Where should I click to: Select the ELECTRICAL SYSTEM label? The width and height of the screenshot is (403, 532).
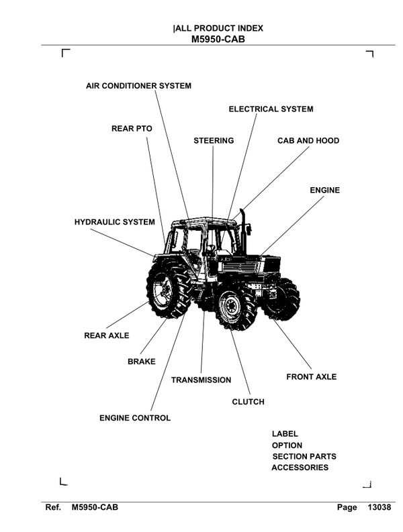click(x=271, y=109)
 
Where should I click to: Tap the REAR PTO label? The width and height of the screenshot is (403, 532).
click(x=132, y=128)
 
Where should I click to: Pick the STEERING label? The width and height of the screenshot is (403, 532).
click(x=214, y=141)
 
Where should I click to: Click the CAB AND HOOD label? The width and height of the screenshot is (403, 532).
click(x=308, y=141)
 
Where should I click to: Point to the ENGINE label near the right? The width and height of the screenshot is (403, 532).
click(x=324, y=191)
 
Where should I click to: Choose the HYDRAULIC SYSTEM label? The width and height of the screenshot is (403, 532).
click(x=114, y=222)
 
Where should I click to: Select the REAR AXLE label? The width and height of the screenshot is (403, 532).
click(x=106, y=335)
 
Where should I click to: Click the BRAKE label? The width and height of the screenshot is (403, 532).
click(x=141, y=362)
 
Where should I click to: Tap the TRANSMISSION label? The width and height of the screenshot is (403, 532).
click(x=201, y=380)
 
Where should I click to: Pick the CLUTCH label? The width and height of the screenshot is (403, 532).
click(x=248, y=402)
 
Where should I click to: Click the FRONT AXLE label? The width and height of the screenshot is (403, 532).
click(x=311, y=377)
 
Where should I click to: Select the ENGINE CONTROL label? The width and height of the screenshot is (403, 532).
click(x=135, y=418)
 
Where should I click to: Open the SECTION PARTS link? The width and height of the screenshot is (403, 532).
click(x=304, y=456)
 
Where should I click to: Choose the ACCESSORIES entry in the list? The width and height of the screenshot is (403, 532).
click(x=300, y=468)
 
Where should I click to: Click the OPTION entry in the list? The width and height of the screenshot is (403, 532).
click(x=287, y=445)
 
